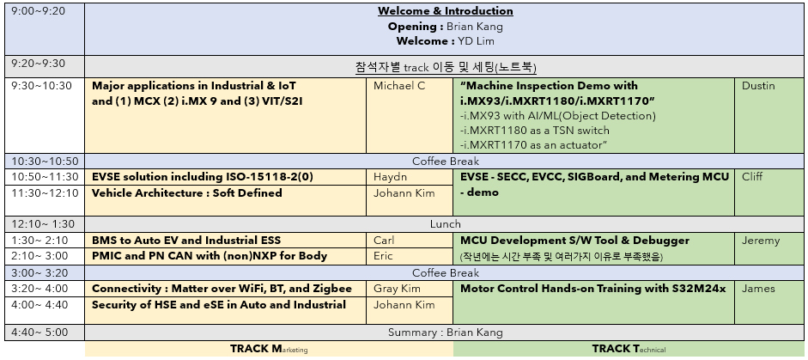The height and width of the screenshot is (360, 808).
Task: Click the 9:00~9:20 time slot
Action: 38,11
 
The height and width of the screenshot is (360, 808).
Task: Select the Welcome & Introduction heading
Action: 446,11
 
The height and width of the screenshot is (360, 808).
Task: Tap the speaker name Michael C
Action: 399,86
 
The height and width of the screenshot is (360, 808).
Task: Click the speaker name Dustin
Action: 758,86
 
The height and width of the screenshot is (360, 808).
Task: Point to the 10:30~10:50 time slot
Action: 45,161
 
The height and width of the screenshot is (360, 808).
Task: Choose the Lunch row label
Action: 446,224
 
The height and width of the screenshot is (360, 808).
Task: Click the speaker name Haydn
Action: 390,177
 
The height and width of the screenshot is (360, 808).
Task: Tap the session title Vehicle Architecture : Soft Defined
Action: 186,193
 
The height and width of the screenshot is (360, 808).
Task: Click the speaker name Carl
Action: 384,241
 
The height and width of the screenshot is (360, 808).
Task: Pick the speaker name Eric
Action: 383,256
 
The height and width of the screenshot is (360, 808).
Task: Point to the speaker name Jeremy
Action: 761,241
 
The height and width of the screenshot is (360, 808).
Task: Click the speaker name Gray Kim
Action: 397,289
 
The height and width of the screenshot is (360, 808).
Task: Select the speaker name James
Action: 758,289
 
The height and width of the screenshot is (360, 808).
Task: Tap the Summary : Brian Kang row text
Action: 446,333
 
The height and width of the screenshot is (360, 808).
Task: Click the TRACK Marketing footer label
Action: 269,349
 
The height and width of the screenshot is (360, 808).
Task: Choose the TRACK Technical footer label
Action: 629,349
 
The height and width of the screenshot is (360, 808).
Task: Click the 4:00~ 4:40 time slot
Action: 39,305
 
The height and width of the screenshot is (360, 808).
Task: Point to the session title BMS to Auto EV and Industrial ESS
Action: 186,241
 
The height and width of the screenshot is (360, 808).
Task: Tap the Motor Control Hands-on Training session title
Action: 592,289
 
